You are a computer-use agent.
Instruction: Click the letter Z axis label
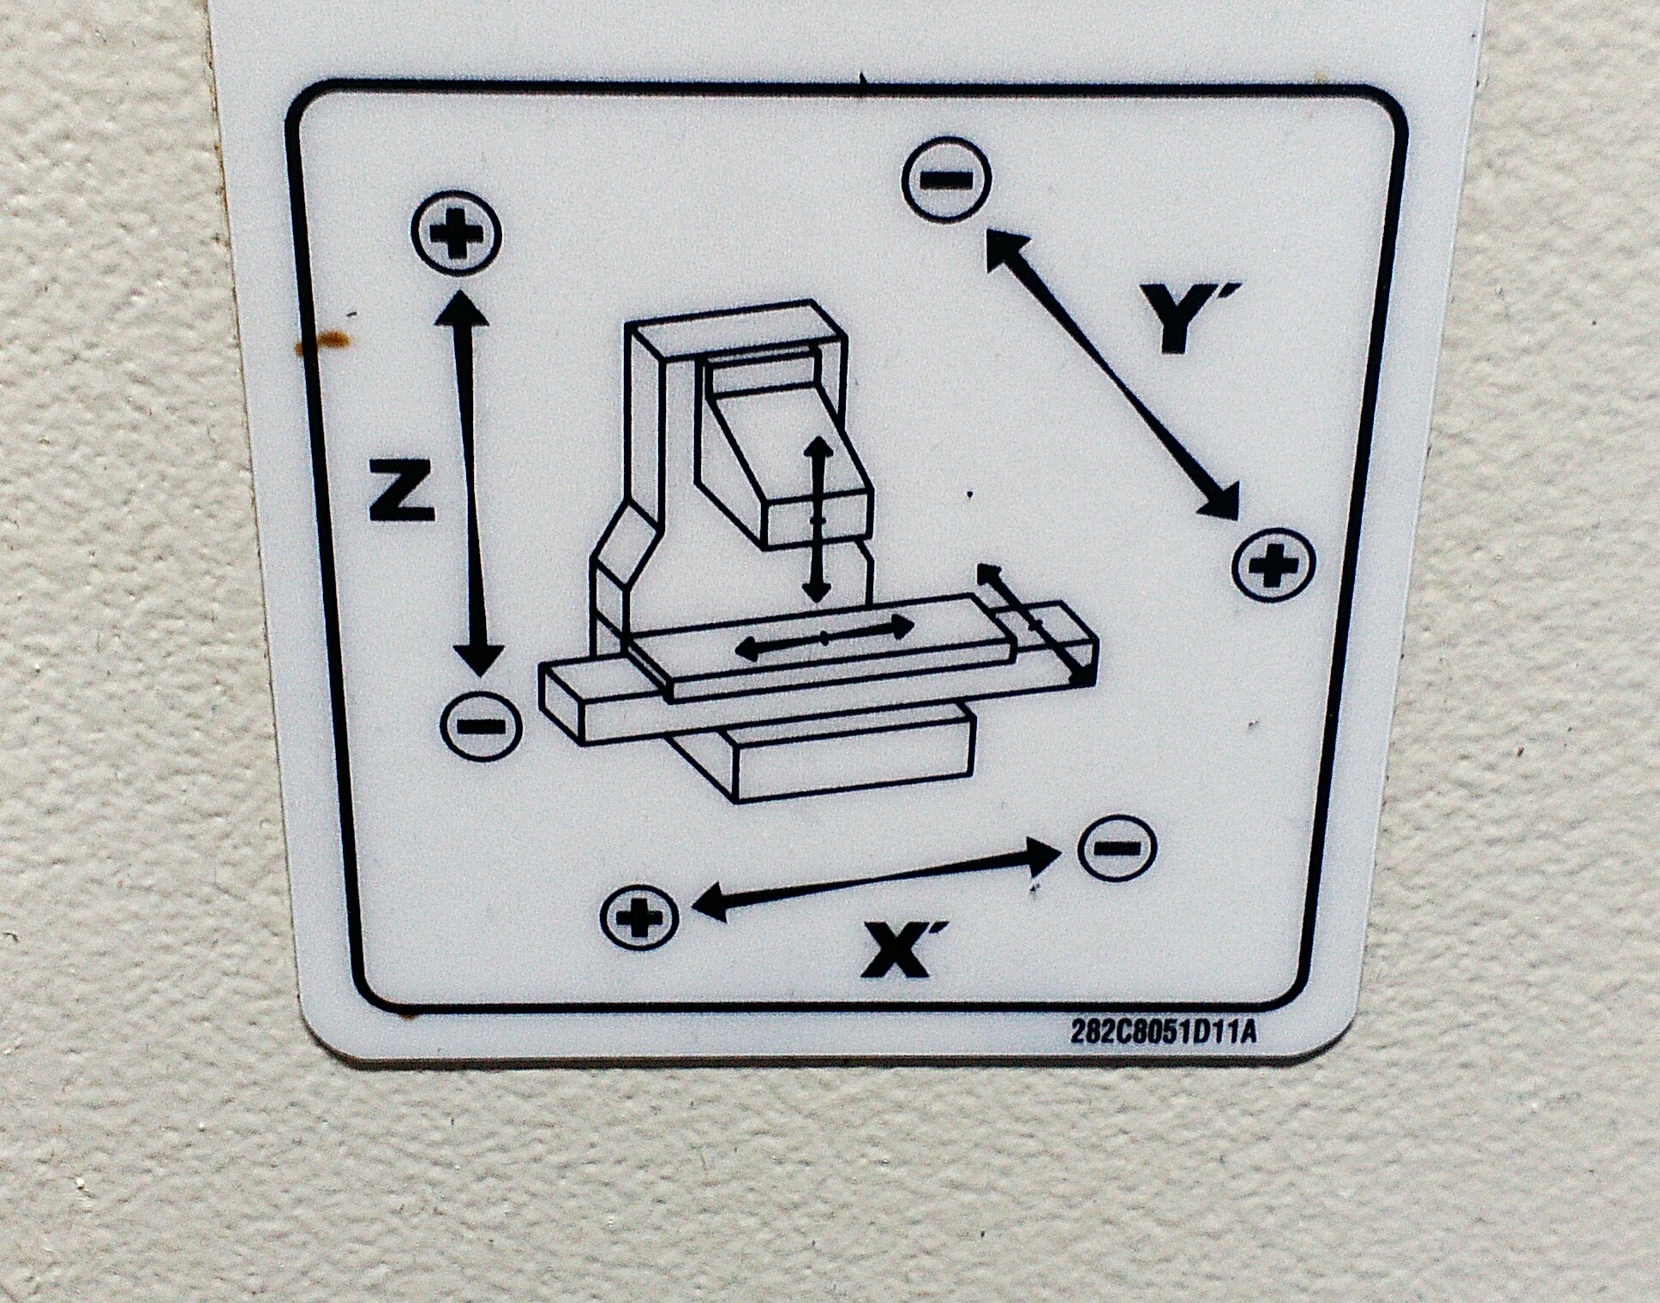401,489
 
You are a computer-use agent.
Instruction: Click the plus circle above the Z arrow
456,232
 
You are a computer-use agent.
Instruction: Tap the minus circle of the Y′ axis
946,180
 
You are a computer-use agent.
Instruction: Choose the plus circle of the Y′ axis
1273,565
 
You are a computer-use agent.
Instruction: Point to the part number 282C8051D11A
1163,1032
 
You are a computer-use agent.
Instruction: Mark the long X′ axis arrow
873,878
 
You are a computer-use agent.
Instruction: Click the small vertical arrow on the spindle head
818,519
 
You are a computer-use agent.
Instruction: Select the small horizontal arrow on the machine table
824,637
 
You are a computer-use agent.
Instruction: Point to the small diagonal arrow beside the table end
1036,623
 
